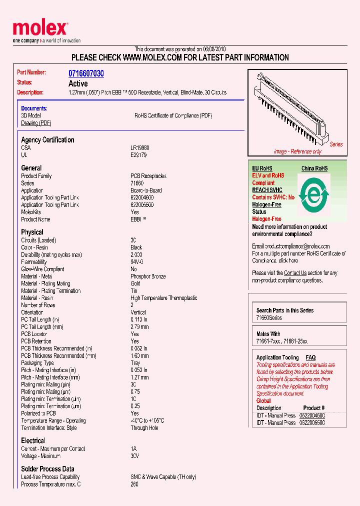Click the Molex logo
click(40, 29)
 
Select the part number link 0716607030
click(86, 73)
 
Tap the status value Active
click(78, 83)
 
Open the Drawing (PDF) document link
click(36, 123)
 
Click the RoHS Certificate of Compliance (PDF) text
click(173, 115)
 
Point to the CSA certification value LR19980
click(140, 148)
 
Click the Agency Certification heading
click(47, 140)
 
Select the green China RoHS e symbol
click(313, 193)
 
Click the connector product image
click(292, 107)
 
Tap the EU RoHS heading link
click(262, 168)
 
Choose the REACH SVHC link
click(267, 190)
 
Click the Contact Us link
click(295, 273)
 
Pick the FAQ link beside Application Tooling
click(310, 357)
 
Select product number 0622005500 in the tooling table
click(312, 422)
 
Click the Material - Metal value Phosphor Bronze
click(148, 276)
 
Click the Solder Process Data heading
click(47, 469)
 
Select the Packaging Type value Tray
click(135, 363)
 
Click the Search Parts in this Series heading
click(285, 310)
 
